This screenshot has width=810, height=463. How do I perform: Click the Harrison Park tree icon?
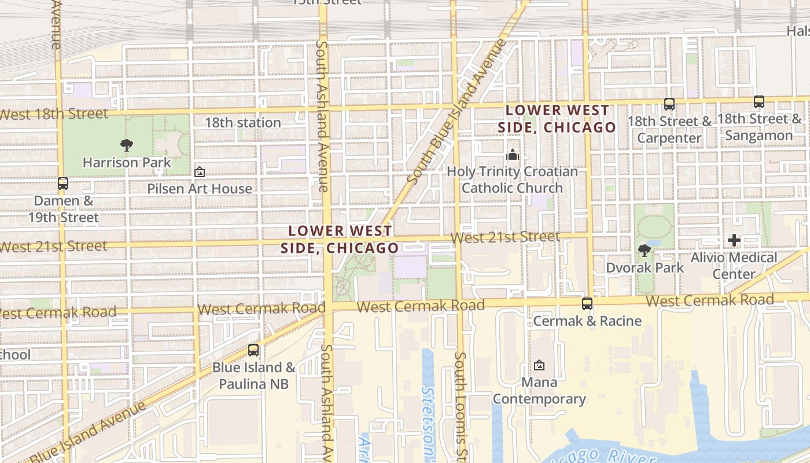pyautogui.click(x=127, y=145)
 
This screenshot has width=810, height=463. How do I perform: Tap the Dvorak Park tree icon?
pyautogui.click(x=644, y=250)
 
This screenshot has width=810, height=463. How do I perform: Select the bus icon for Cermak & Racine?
pyautogui.click(x=587, y=303)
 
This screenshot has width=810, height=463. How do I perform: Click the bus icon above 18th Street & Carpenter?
pyautogui.click(x=669, y=104)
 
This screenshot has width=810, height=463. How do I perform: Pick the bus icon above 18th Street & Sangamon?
pyautogui.click(x=759, y=102)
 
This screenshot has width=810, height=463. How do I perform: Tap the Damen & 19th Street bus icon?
pyautogui.click(x=63, y=183)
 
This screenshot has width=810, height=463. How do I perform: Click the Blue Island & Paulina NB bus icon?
pyautogui.click(x=253, y=350)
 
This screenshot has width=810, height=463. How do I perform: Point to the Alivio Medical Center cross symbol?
pyautogui.click(x=734, y=240)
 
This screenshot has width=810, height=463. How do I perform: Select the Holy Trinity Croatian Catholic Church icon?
pyautogui.click(x=513, y=155)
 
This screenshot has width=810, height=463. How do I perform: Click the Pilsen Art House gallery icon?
pyautogui.click(x=200, y=172)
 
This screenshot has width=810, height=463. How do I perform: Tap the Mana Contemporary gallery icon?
pyautogui.click(x=539, y=365)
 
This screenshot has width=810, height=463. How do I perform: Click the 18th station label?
pyautogui.click(x=243, y=123)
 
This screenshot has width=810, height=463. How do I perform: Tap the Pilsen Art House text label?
pyautogui.click(x=200, y=189)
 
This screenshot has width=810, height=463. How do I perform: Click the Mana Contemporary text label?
pyautogui.click(x=539, y=391)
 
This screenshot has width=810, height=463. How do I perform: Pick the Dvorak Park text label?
pyautogui.click(x=645, y=267)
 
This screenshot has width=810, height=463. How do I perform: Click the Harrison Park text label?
pyautogui.click(x=127, y=163)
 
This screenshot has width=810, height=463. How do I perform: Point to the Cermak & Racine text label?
pyautogui.click(x=587, y=321)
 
